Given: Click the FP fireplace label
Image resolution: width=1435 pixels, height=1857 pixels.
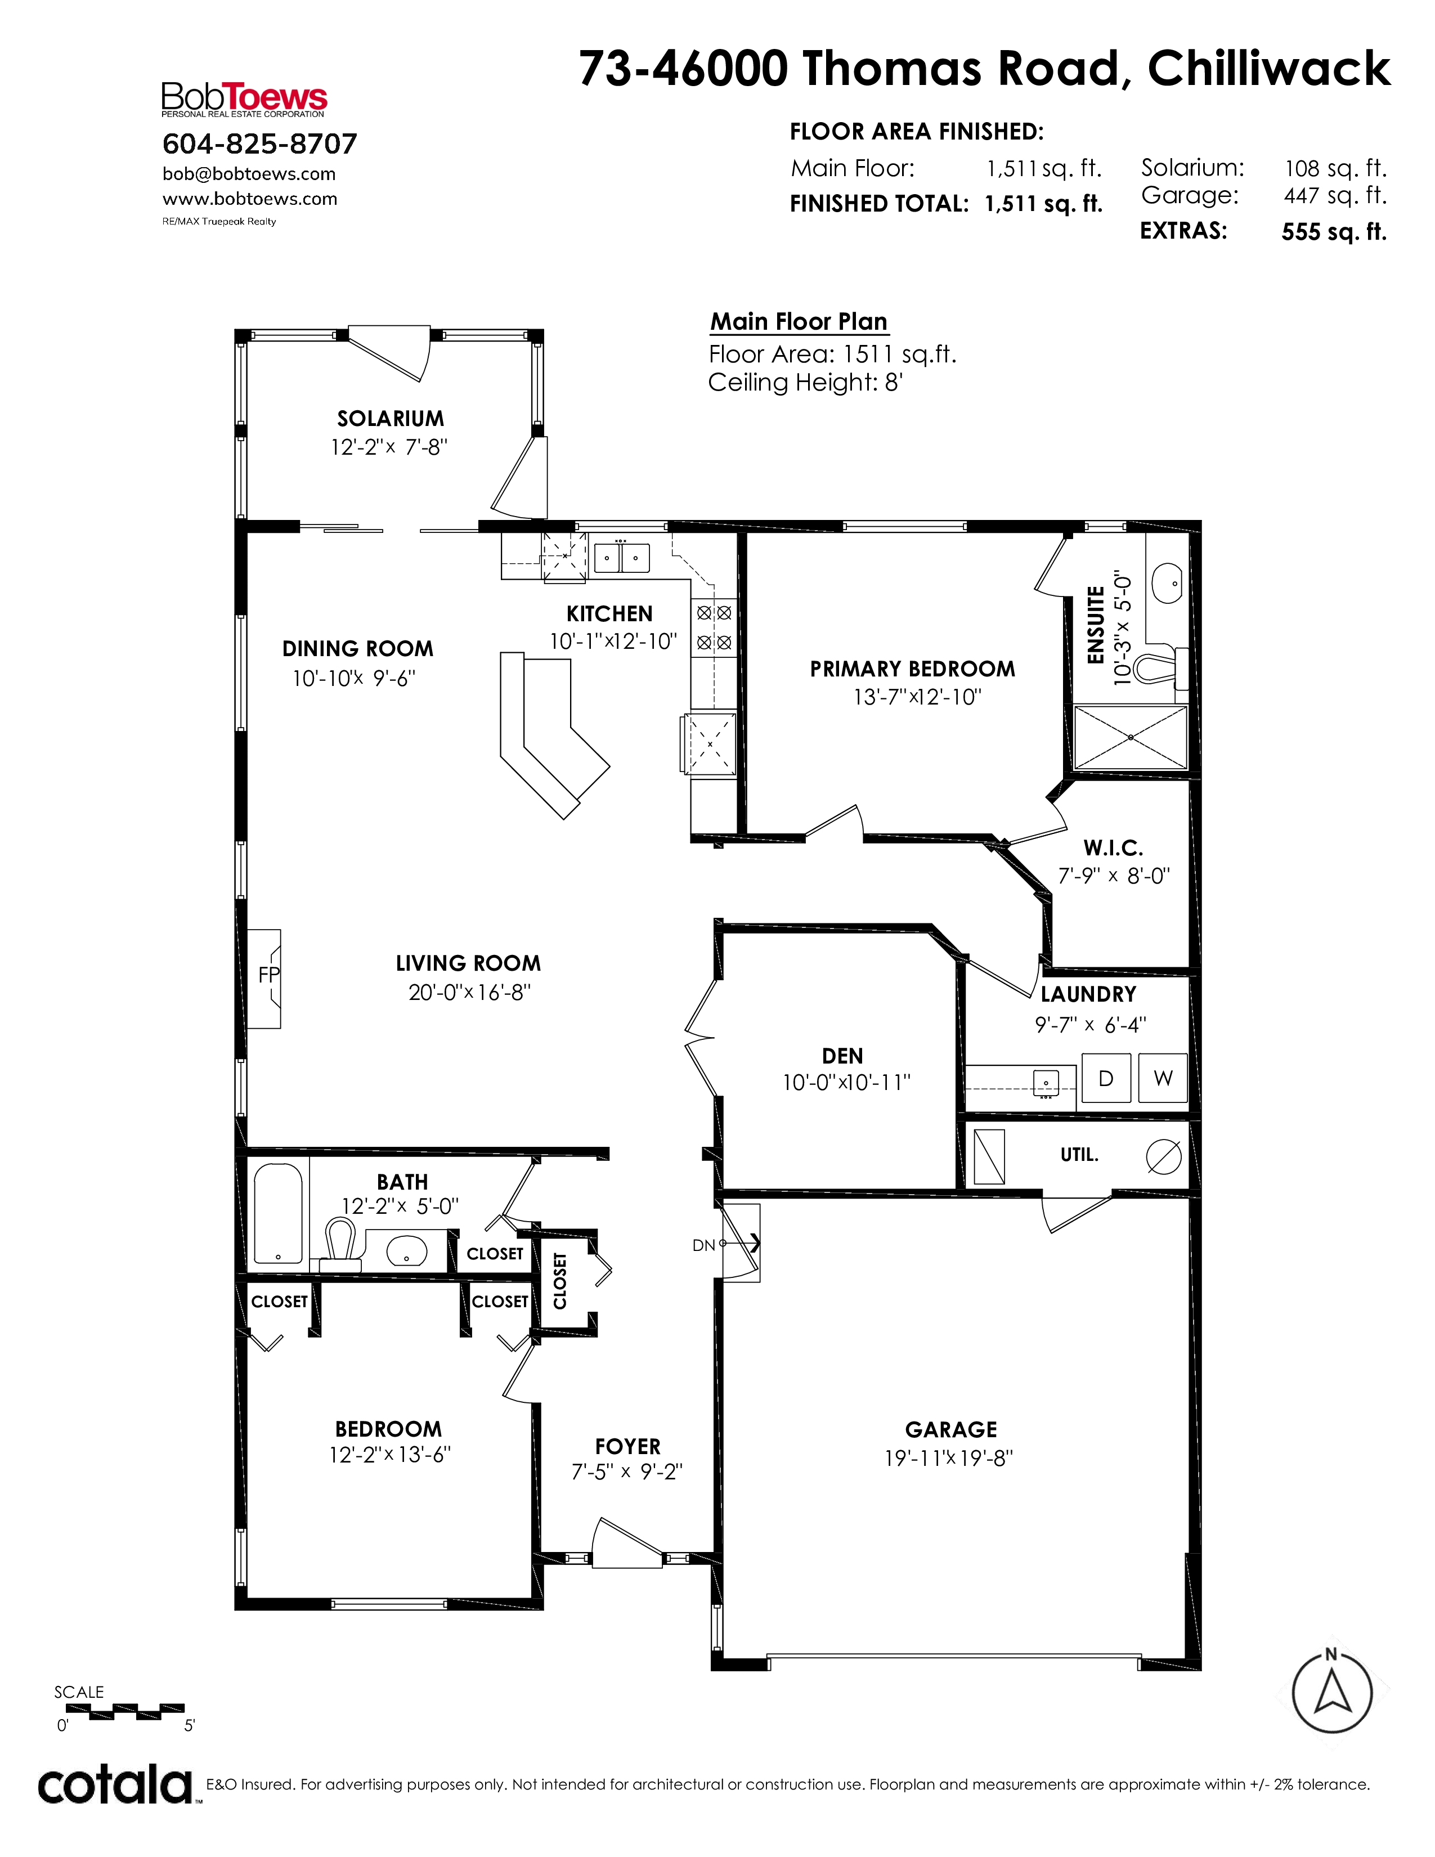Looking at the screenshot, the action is [x=268, y=975].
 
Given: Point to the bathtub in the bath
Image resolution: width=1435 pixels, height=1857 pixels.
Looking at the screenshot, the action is [x=278, y=1213].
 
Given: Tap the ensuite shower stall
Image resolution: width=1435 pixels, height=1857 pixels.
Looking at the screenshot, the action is [x=1130, y=737].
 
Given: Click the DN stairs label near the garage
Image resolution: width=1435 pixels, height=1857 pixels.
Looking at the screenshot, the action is [x=704, y=1246].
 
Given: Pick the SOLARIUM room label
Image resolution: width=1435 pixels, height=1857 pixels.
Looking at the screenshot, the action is [x=390, y=418].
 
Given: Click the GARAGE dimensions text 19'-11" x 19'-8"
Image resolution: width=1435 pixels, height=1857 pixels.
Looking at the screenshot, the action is [x=949, y=1458].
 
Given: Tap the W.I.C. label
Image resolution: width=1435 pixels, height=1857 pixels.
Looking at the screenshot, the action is [x=1113, y=847].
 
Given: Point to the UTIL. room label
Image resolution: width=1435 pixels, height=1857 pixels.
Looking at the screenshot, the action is [x=1080, y=1155].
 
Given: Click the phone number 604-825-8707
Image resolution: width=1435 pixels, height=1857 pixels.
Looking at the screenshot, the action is [x=260, y=143].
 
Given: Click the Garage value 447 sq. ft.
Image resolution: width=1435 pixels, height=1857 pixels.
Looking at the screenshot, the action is [x=1335, y=196].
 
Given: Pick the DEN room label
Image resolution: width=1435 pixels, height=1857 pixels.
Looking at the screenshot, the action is [x=842, y=1056].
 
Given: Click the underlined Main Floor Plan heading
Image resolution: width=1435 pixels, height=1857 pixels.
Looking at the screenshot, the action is [x=799, y=322].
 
